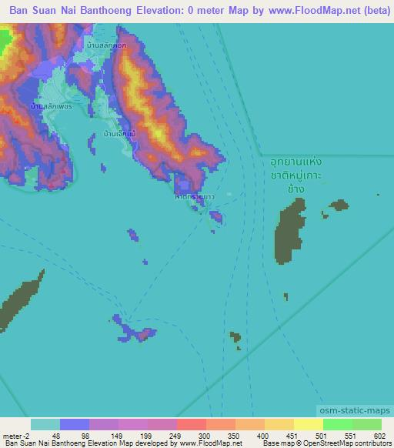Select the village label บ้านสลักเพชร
tap(51, 105)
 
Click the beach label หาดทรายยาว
tap(193, 197)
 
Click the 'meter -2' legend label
tap(15, 435)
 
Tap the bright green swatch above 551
tap(337, 424)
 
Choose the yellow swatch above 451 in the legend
tap(279, 424)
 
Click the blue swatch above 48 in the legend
tap(75, 424)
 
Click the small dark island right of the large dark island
tap(338, 205)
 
